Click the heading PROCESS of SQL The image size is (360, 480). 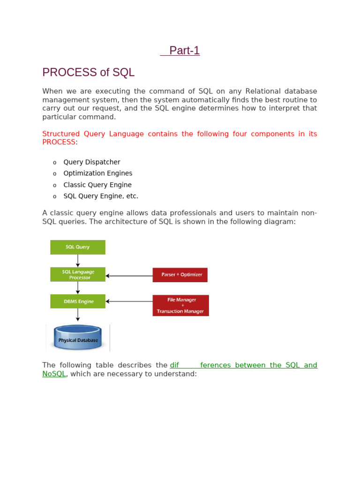point(88,72)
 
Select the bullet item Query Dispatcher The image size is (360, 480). point(92,162)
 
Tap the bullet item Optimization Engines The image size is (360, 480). point(98,173)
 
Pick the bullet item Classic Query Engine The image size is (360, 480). point(97,185)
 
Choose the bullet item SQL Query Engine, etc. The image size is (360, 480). point(101,196)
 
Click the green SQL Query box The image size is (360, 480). point(78,247)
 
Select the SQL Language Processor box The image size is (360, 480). point(78,274)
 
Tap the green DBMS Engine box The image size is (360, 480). point(78,301)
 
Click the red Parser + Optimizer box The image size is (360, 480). point(180,275)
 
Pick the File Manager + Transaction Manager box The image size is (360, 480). point(180,305)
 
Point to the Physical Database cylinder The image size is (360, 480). point(78,338)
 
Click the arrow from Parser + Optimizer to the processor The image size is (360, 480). point(129,276)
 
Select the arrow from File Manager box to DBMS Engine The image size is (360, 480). point(129,301)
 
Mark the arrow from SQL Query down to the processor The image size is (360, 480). point(78,261)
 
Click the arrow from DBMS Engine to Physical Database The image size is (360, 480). point(78,315)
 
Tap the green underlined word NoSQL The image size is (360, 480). point(54,374)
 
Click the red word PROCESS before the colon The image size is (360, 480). point(59,142)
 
